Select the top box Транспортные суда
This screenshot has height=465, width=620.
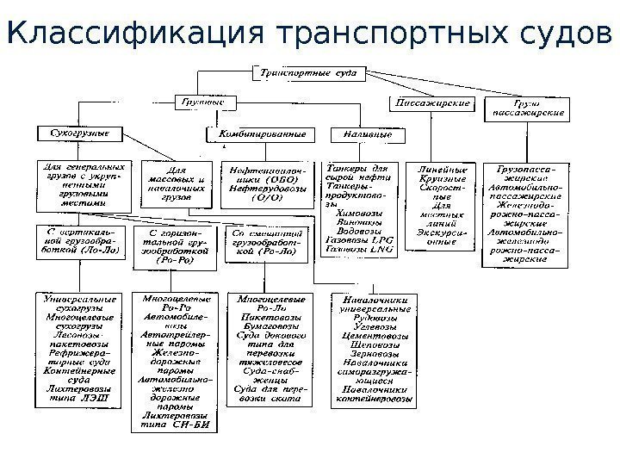[x=297, y=74]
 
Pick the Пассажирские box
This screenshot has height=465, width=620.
[x=432, y=102]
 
